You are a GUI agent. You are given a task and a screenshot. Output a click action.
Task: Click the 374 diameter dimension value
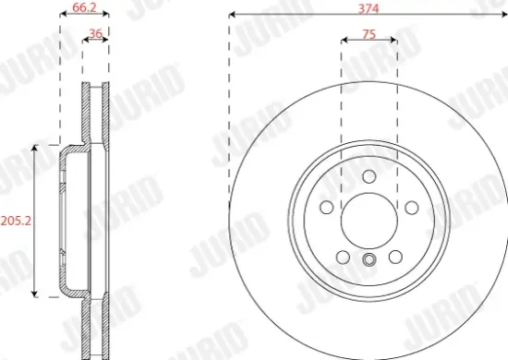tap(369, 6)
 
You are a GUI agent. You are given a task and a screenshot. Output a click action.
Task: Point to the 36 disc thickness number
tap(93, 34)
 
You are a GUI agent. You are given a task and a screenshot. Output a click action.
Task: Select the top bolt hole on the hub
tap(369, 177)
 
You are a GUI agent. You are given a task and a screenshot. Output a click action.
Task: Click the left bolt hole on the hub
tap(326, 209)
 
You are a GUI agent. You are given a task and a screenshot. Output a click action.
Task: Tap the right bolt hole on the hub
tap(412, 209)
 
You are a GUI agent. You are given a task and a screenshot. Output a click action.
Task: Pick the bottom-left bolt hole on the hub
tap(342, 258)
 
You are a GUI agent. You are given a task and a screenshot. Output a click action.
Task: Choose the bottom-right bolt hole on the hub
tap(395, 258)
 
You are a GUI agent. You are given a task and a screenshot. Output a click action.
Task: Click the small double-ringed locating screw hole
tap(369, 260)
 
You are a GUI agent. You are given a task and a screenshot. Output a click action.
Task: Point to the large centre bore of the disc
tap(369, 222)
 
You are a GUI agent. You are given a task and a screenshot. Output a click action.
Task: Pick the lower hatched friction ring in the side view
tap(95, 328)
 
